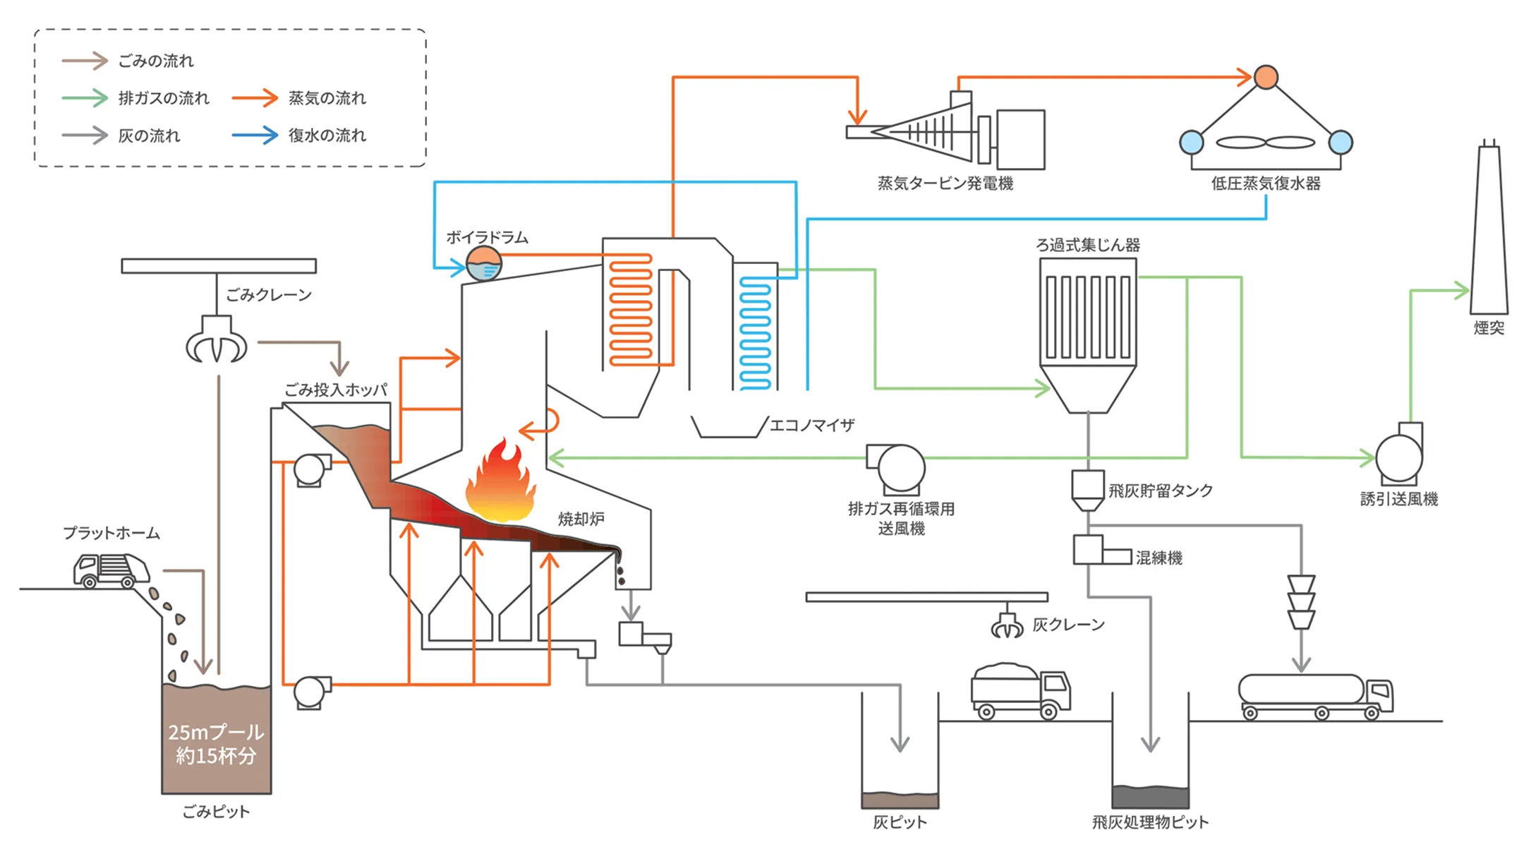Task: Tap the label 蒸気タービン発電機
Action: pos(945,184)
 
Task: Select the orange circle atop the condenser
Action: pos(1266,77)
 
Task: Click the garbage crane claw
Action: pos(217,340)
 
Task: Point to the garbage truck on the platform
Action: pos(111,570)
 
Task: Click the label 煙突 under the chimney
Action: pos(1489,328)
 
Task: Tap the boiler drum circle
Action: pos(484,263)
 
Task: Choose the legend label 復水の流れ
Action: pos(327,135)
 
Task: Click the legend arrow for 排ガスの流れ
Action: pos(85,97)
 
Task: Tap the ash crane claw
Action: pos(1007,625)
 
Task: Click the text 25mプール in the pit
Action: pos(216,732)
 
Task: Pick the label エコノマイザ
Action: pos(811,425)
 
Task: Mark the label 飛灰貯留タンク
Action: pos(1161,491)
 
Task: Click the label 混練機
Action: pos(1159,558)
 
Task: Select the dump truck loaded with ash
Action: pos(1020,690)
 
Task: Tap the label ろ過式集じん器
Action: pos(1088,245)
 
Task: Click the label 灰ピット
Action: pos(900,822)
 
